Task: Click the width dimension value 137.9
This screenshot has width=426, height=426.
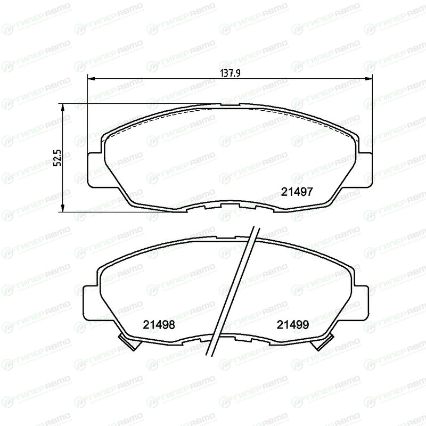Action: click(x=230, y=73)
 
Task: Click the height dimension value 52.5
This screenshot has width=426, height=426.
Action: click(x=59, y=157)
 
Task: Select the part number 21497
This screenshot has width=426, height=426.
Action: click(x=297, y=192)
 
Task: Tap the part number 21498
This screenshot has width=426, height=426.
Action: click(x=159, y=325)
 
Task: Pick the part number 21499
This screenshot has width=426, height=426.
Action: click(x=293, y=325)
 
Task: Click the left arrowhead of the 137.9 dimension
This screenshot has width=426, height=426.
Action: click(x=91, y=79)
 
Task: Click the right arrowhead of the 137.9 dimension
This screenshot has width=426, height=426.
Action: click(x=369, y=79)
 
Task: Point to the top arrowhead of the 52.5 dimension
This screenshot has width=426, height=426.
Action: click(x=63, y=107)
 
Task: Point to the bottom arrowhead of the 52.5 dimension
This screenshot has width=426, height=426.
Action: click(x=63, y=208)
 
